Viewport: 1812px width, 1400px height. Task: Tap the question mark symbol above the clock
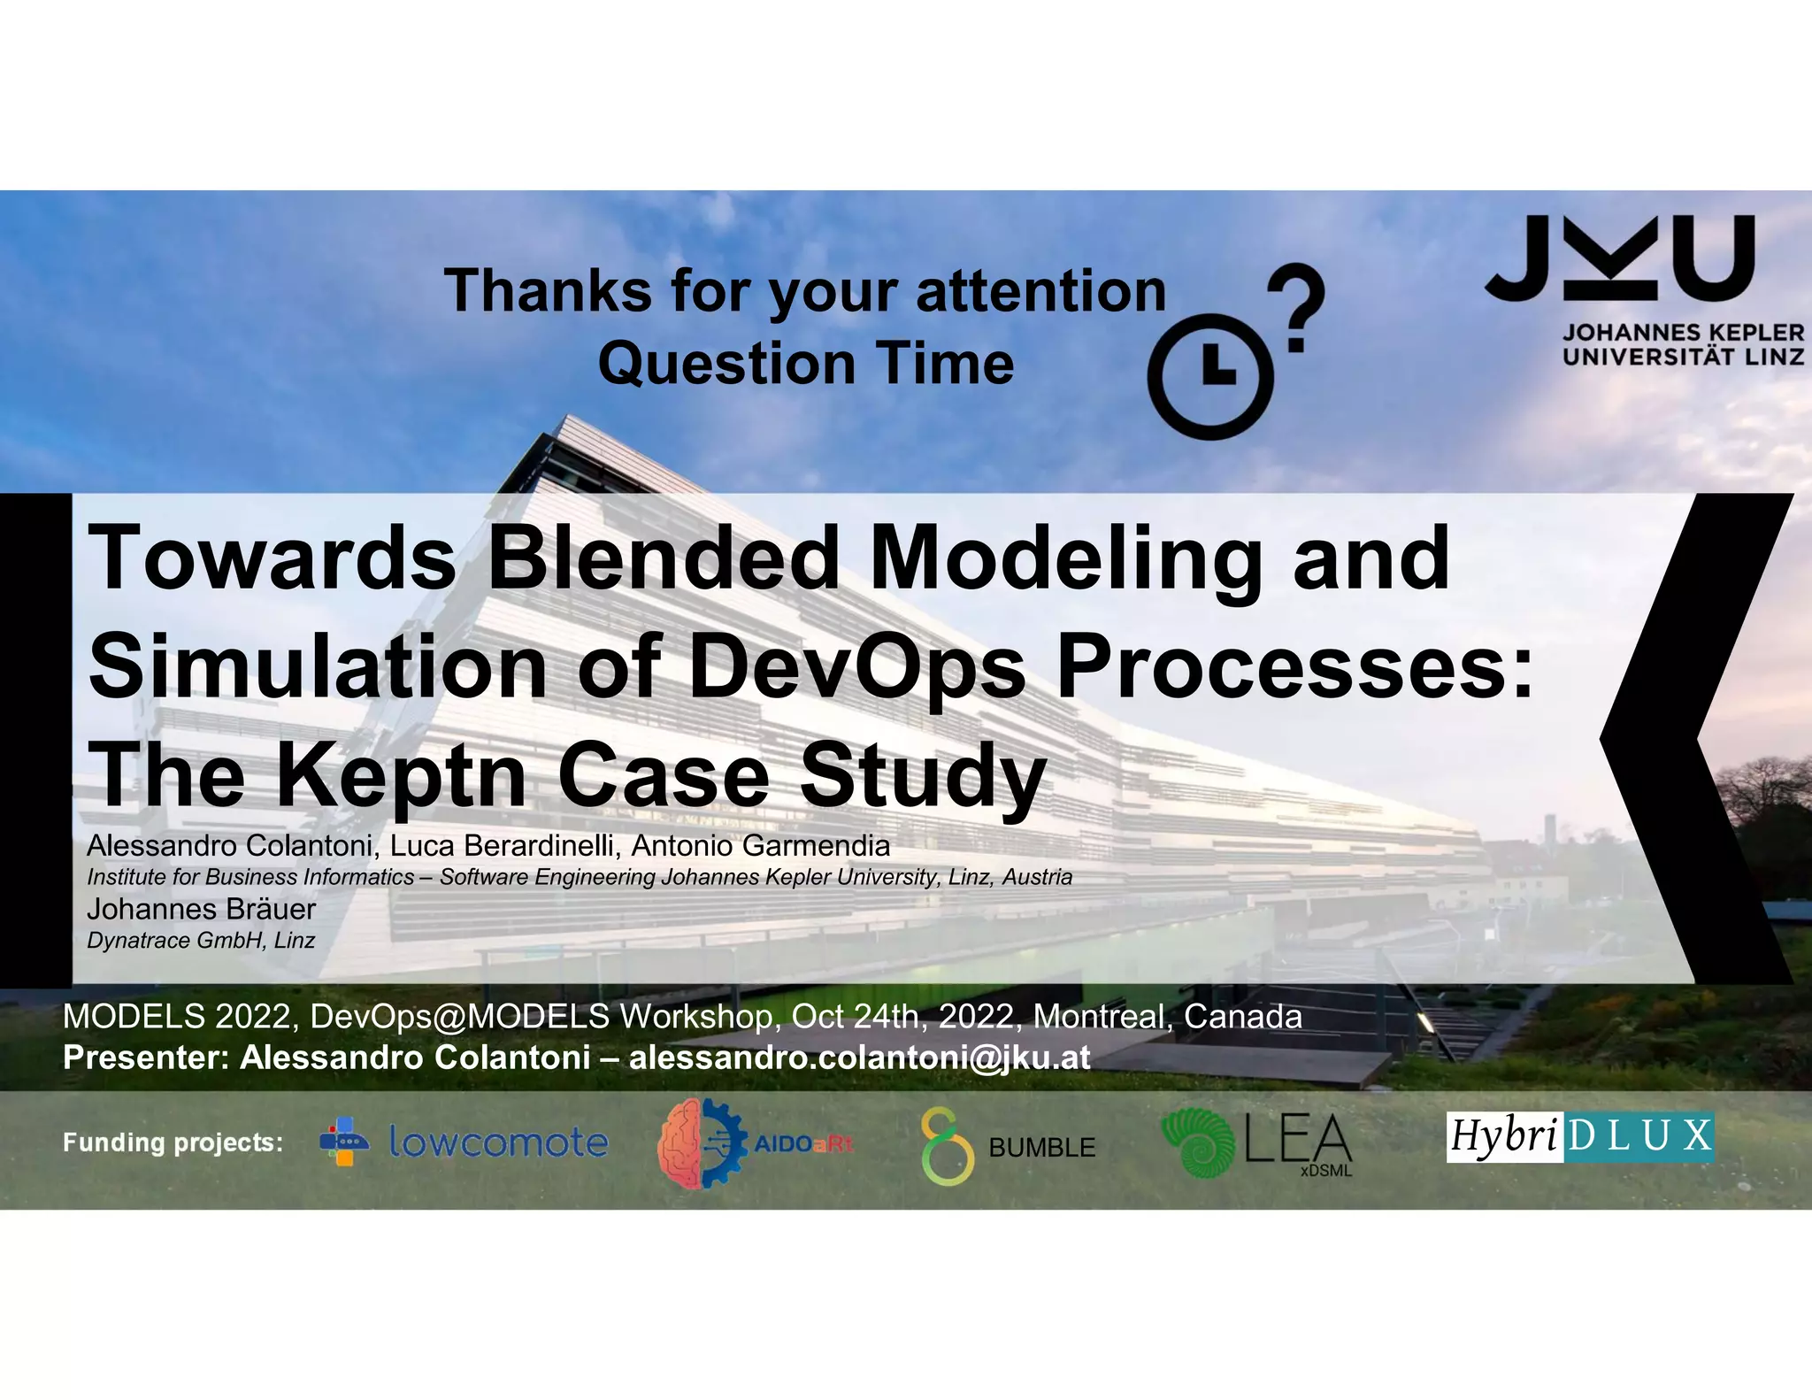pyautogui.click(x=1294, y=305)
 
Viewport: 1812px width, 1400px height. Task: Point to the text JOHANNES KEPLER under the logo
pyautogui.click(x=1682, y=334)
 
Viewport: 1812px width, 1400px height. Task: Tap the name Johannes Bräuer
pyautogui.click(x=201, y=909)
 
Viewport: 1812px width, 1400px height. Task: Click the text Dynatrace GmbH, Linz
pyautogui.click(x=201, y=940)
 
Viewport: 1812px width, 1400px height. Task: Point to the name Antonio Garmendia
pyautogui.click(x=760, y=845)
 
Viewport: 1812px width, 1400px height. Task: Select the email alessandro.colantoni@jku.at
pyautogui.click(x=859, y=1057)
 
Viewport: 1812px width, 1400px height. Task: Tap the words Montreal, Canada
pyautogui.click(x=1167, y=1016)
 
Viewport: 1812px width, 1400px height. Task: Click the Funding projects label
pyautogui.click(x=173, y=1142)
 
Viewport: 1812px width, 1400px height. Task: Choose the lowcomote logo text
pyautogui.click(x=498, y=1142)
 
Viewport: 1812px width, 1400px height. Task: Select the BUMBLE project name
pyautogui.click(x=1041, y=1148)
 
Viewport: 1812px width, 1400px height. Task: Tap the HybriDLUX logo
pyautogui.click(x=1580, y=1136)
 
